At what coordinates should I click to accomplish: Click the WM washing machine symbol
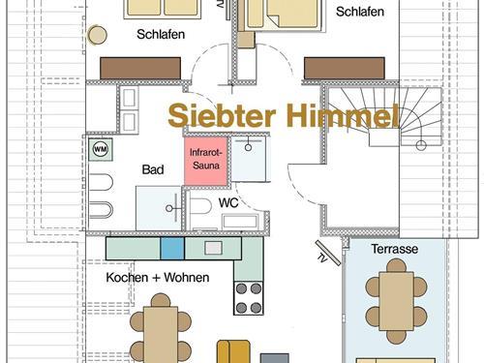(x=101, y=149)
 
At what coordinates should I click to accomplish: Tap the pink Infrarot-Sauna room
(x=206, y=161)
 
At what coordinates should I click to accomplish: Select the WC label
(x=228, y=203)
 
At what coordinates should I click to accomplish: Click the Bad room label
(x=153, y=169)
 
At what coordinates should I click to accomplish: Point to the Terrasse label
(x=394, y=249)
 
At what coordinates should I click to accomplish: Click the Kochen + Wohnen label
(x=158, y=277)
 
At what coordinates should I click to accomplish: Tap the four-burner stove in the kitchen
(x=249, y=298)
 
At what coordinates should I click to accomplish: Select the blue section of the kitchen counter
(x=172, y=248)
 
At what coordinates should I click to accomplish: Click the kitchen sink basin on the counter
(x=213, y=248)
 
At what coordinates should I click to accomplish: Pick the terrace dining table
(x=396, y=301)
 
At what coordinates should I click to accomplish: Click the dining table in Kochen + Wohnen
(x=161, y=335)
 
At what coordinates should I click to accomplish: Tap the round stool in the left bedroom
(x=97, y=35)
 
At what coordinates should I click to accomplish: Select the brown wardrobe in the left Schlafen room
(x=140, y=68)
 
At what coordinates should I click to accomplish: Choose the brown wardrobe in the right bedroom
(x=345, y=68)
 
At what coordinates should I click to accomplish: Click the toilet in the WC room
(x=200, y=206)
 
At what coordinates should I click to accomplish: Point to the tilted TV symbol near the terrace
(x=328, y=253)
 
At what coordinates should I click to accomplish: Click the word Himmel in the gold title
(x=343, y=115)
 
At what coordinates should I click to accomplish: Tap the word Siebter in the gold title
(x=222, y=115)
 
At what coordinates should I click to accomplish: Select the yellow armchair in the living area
(x=233, y=351)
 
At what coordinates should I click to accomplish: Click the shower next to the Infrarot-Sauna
(x=249, y=159)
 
